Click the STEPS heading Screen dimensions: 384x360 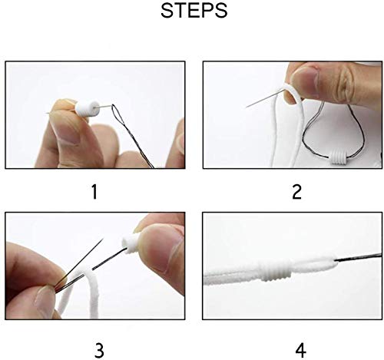(194, 11)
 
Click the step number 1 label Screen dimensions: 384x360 (95, 192)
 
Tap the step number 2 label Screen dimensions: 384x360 (296, 192)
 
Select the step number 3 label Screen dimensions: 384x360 (99, 350)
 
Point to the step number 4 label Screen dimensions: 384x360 (300, 350)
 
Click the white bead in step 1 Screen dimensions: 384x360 (87, 108)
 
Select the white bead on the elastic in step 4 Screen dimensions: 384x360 (276, 270)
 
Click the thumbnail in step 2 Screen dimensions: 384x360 (306, 76)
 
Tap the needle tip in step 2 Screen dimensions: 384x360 (247, 107)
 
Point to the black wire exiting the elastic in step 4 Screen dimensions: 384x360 (358, 256)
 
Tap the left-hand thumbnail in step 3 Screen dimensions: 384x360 (44, 302)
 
